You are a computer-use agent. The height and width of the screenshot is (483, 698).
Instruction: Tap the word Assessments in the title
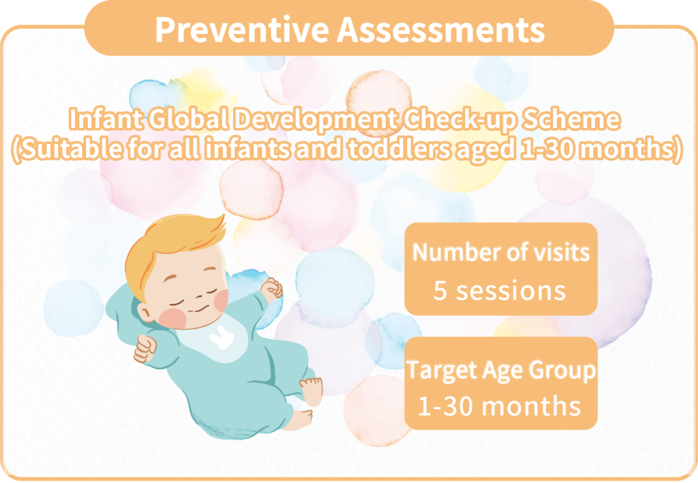pyautogui.click(x=440, y=29)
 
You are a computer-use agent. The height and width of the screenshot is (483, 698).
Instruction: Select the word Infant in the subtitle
pyautogui.click(x=106, y=119)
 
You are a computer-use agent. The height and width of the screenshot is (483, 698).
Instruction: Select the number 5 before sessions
pyautogui.click(x=440, y=291)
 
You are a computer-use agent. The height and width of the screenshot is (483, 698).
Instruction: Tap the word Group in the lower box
pyautogui.click(x=562, y=371)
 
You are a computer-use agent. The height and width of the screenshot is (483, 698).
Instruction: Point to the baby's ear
pyautogui.click(x=145, y=312)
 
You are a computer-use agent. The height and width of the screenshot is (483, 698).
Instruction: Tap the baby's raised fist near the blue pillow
pyautogui.click(x=271, y=288)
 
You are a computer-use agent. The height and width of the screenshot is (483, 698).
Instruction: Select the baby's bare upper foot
pyautogui.click(x=311, y=390)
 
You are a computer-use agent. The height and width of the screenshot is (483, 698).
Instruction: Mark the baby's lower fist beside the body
pyautogui.click(x=145, y=348)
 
